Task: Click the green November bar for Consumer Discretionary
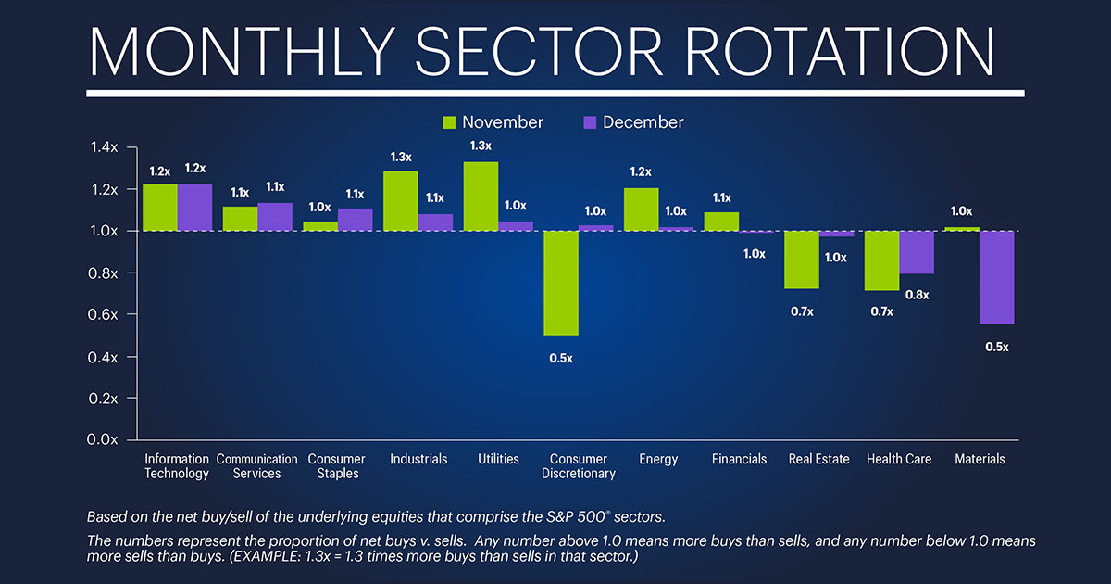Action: tap(560, 283)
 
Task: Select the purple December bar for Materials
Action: tap(997, 277)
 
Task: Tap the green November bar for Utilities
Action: tap(481, 197)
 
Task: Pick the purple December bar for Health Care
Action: tap(917, 252)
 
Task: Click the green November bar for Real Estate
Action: tap(802, 260)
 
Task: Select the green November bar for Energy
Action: tap(641, 209)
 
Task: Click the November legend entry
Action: tap(493, 122)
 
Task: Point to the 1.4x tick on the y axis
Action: tap(104, 147)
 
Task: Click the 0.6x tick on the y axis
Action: tap(104, 315)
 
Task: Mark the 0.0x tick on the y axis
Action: tap(104, 440)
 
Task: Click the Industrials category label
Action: tap(418, 460)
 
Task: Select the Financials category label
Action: tap(740, 460)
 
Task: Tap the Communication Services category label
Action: tap(256, 466)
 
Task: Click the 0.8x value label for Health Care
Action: tap(917, 295)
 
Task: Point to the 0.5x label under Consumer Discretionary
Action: tap(560, 358)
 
